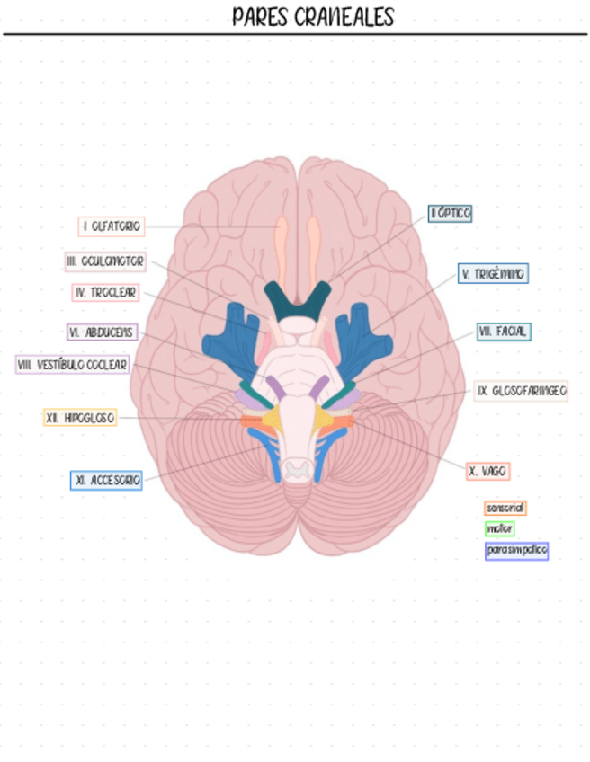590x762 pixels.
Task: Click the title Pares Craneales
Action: coord(312,17)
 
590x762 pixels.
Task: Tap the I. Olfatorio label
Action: coord(112,226)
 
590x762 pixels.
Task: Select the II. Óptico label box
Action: coord(451,213)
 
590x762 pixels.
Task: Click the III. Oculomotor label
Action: coord(105,261)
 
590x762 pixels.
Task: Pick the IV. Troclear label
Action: coord(106,293)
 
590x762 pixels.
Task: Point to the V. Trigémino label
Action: coord(493,273)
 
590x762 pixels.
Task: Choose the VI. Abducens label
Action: coord(103,332)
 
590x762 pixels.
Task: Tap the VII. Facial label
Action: coord(504,332)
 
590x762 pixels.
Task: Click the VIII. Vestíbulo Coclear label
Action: coord(73,365)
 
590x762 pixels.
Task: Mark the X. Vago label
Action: coord(488,470)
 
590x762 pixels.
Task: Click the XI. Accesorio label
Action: coord(107,481)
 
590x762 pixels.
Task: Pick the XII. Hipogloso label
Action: coord(80,418)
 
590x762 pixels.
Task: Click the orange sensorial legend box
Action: coord(505,508)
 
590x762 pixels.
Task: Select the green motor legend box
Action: coord(499,528)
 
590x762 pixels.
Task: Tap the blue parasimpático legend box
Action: coord(516,550)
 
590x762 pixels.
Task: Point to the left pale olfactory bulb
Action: coord(282,243)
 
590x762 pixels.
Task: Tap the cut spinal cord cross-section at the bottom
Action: coord(297,467)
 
